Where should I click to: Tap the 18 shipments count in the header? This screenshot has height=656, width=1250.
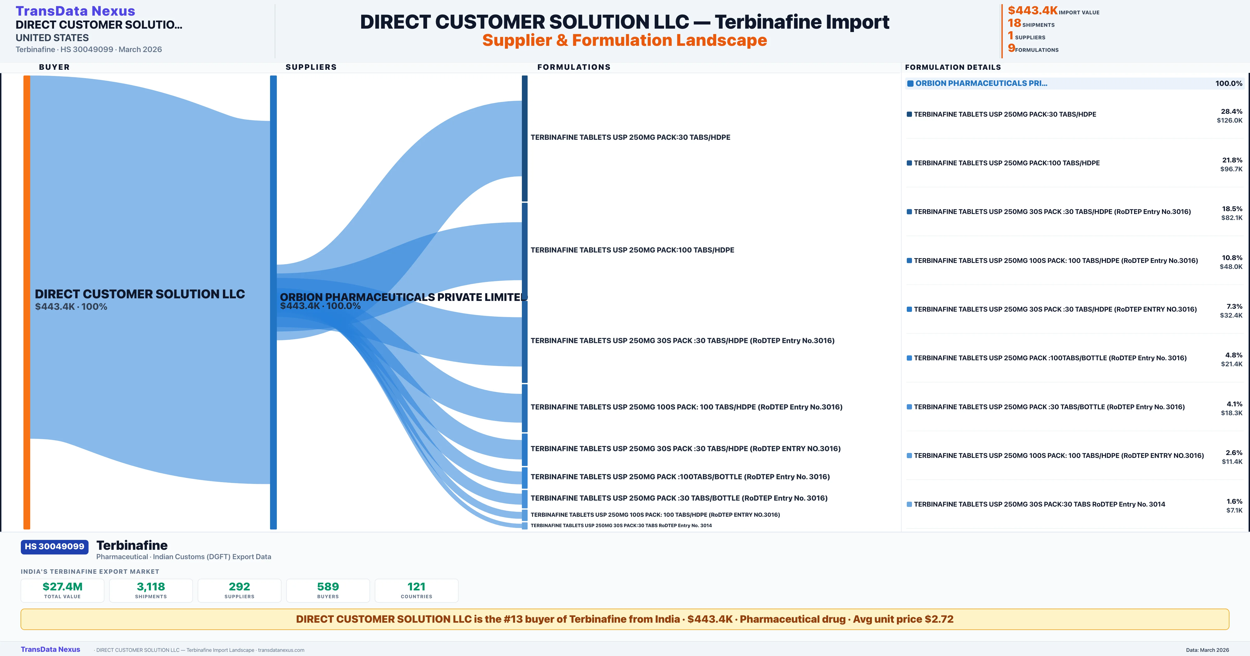pyautogui.click(x=1014, y=23)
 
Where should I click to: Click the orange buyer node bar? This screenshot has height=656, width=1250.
pyautogui.click(x=27, y=301)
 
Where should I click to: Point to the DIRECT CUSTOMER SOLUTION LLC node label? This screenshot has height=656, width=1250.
pyautogui.click(x=140, y=294)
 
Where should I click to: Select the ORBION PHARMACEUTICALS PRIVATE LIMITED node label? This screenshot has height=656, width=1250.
pyautogui.click(x=403, y=297)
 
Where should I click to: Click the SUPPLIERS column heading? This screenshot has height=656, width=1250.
pyautogui.click(x=311, y=67)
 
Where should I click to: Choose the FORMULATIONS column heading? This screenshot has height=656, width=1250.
pyautogui.click(x=573, y=67)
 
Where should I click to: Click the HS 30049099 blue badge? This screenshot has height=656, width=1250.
pyautogui.click(x=54, y=546)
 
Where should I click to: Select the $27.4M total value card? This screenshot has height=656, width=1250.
pyautogui.click(x=63, y=590)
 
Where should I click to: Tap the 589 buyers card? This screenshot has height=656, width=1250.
pyautogui.click(x=328, y=590)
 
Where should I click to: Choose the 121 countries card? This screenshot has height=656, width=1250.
pyautogui.click(x=416, y=590)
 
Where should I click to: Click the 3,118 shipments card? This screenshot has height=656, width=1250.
pyautogui.click(x=151, y=590)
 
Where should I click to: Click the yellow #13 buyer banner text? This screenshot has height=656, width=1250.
pyautogui.click(x=624, y=619)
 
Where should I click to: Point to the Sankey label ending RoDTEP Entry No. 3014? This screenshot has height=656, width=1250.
pyautogui.click(x=621, y=526)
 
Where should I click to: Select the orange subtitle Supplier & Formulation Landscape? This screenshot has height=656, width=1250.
pyautogui.click(x=624, y=40)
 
